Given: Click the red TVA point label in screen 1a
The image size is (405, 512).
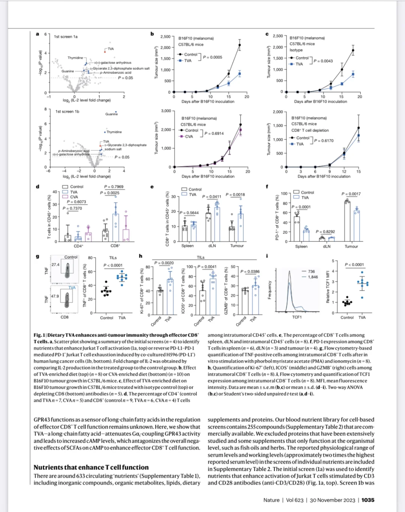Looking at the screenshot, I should click(111, 49).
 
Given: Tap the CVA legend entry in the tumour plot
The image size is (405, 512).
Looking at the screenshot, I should click(189, 136).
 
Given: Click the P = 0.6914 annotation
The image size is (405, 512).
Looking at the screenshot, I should click(214, 133).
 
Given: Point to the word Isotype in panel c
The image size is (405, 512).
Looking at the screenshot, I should click(296, 50).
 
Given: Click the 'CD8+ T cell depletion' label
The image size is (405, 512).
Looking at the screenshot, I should click(310, 130).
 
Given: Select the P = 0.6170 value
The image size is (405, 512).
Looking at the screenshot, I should click(324, 141).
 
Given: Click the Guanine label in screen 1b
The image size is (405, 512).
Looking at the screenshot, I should click(111, 114).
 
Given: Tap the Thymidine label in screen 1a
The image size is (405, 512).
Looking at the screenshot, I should click(75, 58).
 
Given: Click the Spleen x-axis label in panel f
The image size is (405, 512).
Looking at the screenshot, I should click(301, 246).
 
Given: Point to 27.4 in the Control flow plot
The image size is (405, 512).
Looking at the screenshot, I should click(55, 265).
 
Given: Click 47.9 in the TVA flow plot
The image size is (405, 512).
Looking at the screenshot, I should click(55, 296).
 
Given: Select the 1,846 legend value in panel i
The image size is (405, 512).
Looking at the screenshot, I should click(313, 277).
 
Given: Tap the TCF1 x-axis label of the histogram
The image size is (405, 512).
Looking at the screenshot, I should click(297, 317).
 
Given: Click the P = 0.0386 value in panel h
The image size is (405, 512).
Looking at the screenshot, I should click(250, 271).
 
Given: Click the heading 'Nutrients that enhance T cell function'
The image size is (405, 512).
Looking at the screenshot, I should click(91, 467).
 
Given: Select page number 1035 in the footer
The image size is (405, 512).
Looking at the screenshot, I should click(368, 500).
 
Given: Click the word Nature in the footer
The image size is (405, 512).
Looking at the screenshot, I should click(271, 500).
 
